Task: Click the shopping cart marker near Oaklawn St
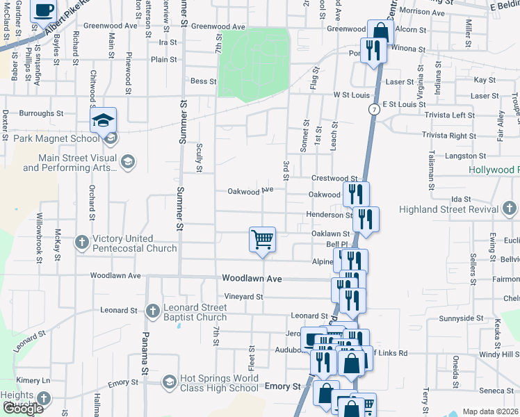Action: point(263,240)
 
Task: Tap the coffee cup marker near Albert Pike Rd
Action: point(44,10)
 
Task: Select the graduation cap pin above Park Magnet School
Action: point(103,120)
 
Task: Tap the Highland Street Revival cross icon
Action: point(509,208)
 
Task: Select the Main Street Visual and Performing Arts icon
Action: point(127,162)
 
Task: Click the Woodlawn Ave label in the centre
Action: point(252,278)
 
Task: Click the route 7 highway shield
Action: point(374,110)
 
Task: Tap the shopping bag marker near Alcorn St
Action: point(380,31)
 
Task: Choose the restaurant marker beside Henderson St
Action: point(366,218)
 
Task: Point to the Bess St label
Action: point(204,81)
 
